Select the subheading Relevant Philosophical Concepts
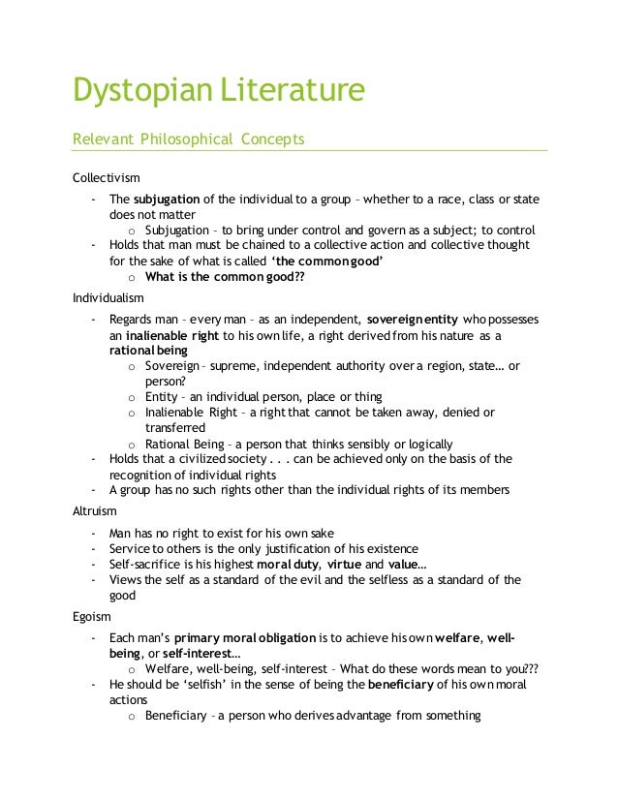[x=189, y=138]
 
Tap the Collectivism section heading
[x=107, y=178]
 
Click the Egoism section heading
[x=92, y=615]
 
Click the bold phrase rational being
[x=148, y=350]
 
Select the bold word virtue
[x=345, y=564]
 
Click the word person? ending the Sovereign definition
[x=166, y=382]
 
